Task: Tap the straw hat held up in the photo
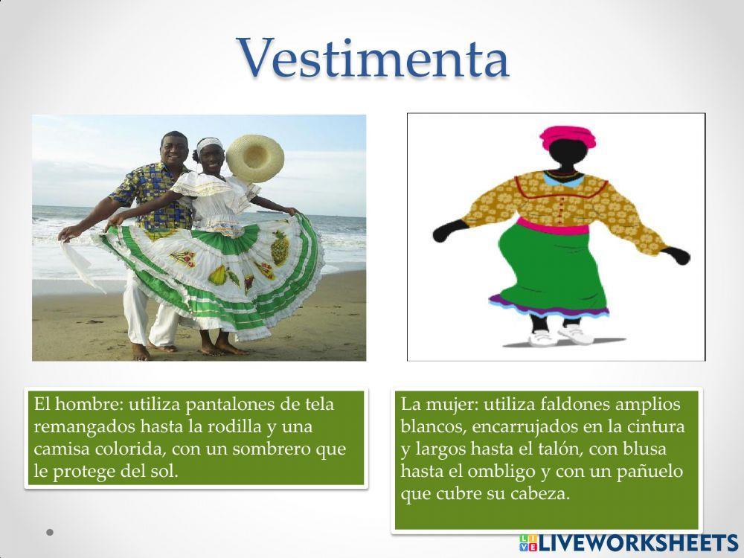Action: point(255,155)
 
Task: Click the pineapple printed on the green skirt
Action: point(279,248)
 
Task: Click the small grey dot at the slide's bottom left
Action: point(50,533)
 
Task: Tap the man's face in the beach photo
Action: point(174,151)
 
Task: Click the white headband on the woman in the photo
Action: point(209,142)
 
